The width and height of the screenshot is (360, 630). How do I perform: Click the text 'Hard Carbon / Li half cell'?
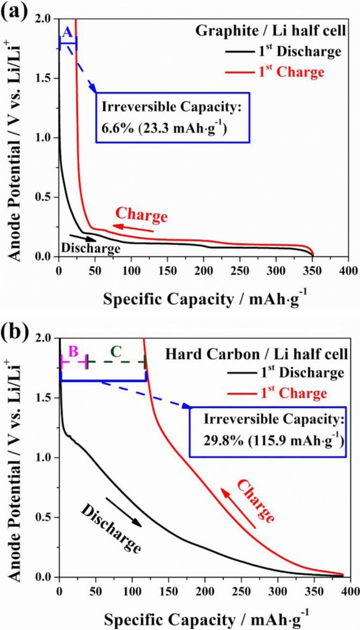tap(277, 353)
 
